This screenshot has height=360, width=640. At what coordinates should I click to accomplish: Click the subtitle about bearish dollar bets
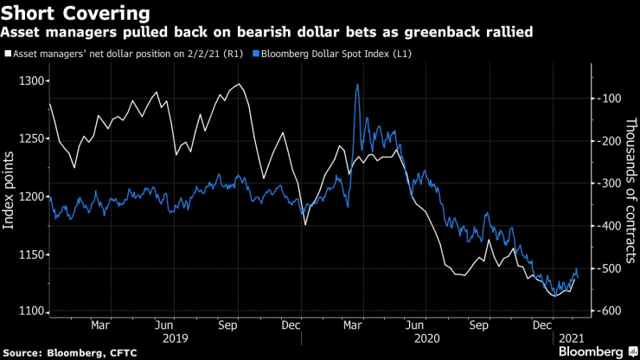click(266, 33)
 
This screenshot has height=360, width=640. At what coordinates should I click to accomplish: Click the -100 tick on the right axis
click(605, 98)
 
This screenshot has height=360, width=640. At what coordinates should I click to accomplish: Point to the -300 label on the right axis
click(605, 183)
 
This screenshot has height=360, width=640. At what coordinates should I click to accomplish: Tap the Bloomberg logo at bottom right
click(592, 351)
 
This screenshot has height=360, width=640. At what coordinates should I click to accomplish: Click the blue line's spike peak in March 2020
click(357, 84)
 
